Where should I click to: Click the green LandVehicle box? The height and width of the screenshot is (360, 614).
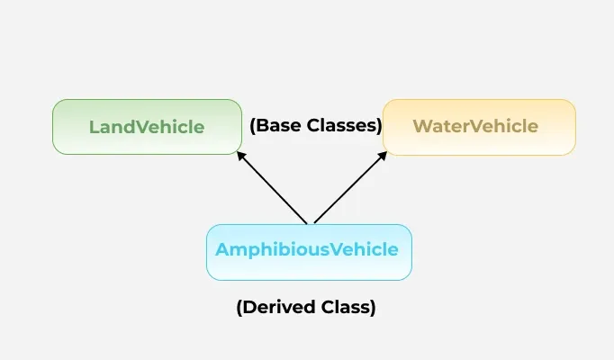click(x=147, y=126)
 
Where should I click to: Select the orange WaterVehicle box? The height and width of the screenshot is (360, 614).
click(x=479, y=126)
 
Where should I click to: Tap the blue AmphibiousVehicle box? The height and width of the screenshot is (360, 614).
click(x=309, y=251)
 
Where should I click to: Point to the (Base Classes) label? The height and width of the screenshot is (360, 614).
click(x=316, y=126)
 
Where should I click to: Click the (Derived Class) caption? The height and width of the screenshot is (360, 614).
click(x=306, y=307)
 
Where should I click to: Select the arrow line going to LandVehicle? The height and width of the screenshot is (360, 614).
click(x=272, y=187)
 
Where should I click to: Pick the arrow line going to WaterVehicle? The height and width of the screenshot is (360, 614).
click(x=348, y=187)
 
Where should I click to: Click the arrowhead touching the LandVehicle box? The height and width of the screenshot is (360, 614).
click(x=240, y=155)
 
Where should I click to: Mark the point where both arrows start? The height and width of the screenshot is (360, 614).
click(x=310, y=223)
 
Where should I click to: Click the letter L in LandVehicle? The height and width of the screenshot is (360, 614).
click(x=93, y=127)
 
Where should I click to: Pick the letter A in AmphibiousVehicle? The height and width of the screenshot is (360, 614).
click(x=221, y=250)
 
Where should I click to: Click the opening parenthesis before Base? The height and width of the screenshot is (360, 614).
click(x=253, y=126)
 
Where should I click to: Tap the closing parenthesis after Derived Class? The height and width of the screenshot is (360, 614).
click(x=372, y=307)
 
